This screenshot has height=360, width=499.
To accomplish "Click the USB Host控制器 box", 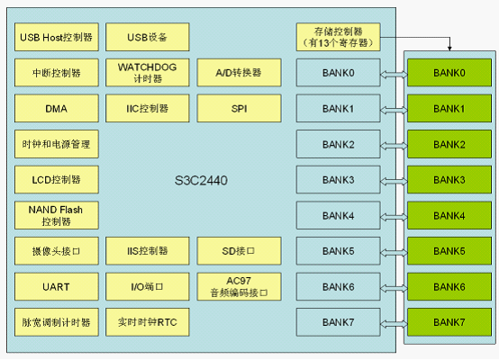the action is tap(57, 37).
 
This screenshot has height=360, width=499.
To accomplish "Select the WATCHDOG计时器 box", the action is tap(148, 73).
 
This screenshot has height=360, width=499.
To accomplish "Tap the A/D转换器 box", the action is tap(239, 73).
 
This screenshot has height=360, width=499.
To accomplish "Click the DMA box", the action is tap(57, 108).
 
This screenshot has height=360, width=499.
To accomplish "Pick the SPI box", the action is tap(239, 108).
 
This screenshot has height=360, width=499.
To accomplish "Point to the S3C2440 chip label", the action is tap(201, 180).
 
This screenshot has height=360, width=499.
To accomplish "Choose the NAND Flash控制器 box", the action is tap(57, 215).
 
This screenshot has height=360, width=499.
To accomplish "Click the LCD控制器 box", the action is tap(57, 180).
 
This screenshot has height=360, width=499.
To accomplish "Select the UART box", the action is tap(57, 286).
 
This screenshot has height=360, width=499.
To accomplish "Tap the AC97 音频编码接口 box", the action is tap(239, 286).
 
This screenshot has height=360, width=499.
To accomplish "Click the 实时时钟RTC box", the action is tap(148, 322).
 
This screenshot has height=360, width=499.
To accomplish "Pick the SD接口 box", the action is tap(239, 251).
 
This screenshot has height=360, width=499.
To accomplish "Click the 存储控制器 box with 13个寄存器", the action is tap(339, 37).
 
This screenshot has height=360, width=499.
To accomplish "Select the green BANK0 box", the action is tap(449, 73).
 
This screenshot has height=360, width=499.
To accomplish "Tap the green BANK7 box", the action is tap(449, 322).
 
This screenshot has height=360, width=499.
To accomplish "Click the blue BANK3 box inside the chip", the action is tap(339, 180).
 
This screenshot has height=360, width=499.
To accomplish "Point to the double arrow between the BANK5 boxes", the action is tap(394, 253).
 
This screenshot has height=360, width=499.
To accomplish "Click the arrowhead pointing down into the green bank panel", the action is tap(449, 48).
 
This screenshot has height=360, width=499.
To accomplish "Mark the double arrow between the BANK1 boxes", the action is tap(394, 110).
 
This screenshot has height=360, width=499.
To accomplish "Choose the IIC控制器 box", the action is tap(148, 108).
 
